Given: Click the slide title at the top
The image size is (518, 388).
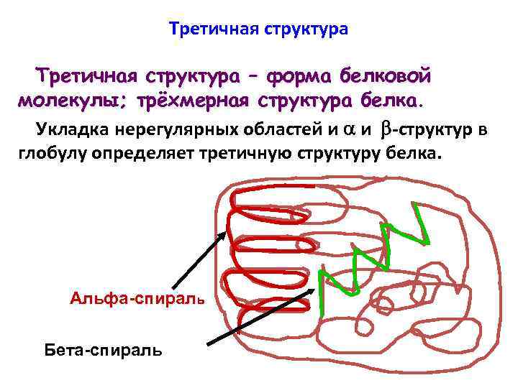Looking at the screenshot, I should point(258,29).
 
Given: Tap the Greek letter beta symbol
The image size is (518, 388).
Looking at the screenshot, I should point(384,129).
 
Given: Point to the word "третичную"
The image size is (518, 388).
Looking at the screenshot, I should point(252,152).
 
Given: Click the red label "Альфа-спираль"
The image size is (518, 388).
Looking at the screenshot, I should point(137,297).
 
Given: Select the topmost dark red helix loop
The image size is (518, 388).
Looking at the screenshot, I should point(273,198).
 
